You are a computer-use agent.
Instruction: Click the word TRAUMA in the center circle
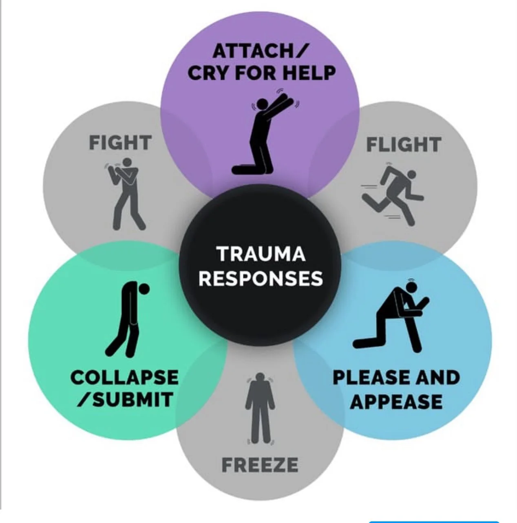tap(261, 254)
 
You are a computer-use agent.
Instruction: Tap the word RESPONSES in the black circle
tap(261, 279)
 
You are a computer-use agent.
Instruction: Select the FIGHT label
tap(120, 143)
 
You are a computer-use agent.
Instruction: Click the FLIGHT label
tap(403, 145)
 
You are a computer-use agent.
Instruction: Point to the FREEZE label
tap(260, 465)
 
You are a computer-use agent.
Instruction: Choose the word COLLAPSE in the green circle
tap(124, 377)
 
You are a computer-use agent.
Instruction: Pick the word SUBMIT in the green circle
tap(132, 399)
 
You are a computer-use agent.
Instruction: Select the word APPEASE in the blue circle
tap(396, 402)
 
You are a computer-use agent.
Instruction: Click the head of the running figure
tap(411, 175)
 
